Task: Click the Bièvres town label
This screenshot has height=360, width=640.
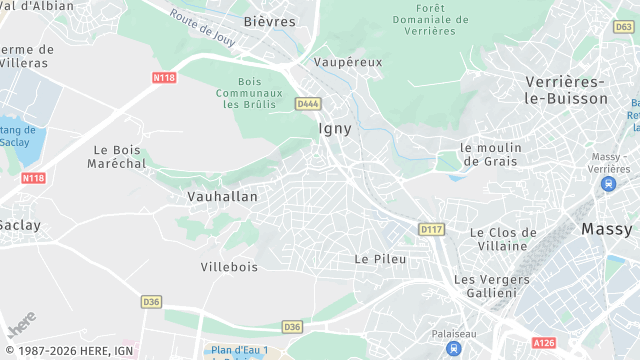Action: pos(270,21)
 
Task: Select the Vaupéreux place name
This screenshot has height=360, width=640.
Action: pos(348,62)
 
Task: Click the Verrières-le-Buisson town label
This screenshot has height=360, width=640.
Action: pos(566,90)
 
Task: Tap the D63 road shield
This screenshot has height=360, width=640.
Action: pos(624,27)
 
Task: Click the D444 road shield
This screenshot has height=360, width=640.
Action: pos(307,103)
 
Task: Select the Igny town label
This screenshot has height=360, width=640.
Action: pos(335,128)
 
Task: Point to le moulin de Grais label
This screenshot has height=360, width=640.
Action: pos(492,154)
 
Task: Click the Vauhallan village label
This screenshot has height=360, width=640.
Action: pos(222,197)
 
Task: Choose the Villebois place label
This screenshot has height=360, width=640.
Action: pos(229,267)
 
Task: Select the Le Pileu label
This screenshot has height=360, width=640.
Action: pos(377,258)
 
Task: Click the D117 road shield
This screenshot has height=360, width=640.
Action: pos(431,229)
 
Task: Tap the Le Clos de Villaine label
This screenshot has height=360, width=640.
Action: pos(504,239)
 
